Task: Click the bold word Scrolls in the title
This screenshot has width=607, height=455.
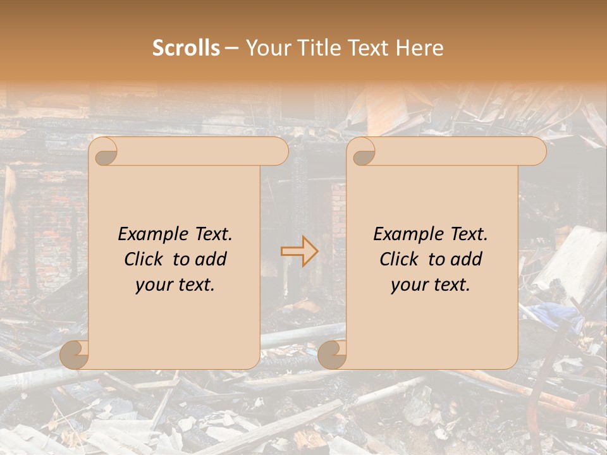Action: click(x=186, y=48)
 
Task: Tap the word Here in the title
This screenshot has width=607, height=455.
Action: click(x=420, y=48)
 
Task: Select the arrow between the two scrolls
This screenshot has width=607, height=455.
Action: click(x=300, y=251)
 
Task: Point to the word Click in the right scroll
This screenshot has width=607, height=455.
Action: click(x=400, y=259)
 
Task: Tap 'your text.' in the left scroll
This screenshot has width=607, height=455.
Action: click(x=175, y=284)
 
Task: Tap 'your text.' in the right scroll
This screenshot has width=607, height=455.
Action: click(x=431, y=284)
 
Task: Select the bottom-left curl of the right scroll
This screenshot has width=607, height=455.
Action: click(x=333, y=354)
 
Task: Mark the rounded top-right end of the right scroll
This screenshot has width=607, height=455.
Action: click(x=537, y=152)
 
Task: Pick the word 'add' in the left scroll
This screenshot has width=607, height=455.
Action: click(x=212, y=259)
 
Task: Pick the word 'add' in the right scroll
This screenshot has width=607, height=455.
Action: click(x=468, y=259)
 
